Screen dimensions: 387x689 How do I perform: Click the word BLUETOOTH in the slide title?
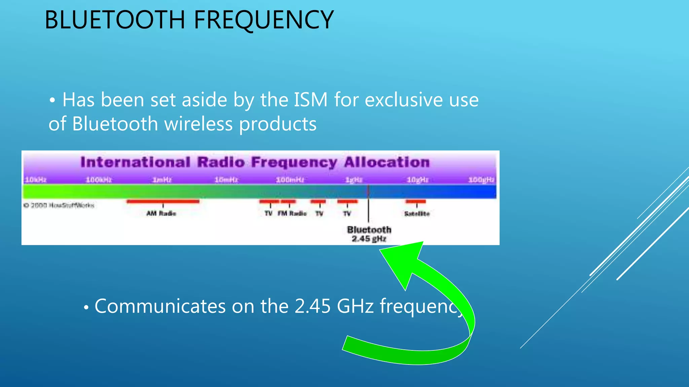(x=115, y=20)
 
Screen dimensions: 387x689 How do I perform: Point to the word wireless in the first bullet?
(x=198, y=124)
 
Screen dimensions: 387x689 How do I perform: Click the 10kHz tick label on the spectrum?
(x=35, y=180)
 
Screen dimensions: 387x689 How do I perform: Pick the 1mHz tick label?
(x=162, y=180)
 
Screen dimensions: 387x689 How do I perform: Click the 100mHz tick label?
(x=290, y=180)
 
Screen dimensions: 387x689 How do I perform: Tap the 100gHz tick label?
(x=481, y=180)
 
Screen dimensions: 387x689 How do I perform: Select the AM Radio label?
(x=161, y=213)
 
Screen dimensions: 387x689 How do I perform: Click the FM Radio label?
(x=292, y=213)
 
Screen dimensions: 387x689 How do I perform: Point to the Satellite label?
(x=417, y=214)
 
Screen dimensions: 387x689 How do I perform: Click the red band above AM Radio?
(x=163, y=202)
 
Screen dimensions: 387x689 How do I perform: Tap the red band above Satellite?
(x=415, y=202)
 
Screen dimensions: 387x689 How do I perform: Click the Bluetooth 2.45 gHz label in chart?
(x=369, y=234)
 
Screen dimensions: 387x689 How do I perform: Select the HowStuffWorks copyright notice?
(x=59, y=205)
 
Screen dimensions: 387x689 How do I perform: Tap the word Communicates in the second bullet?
(x=160, y=306)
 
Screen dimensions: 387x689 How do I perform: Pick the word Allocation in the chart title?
(x=387, y=162)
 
